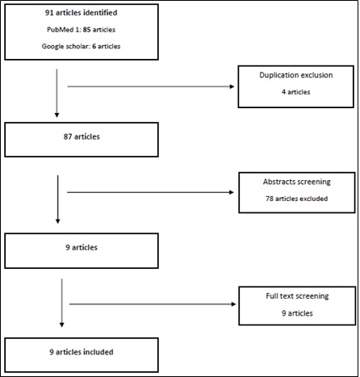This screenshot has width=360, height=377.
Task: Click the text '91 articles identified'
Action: pyautogui.click(x=81, y=13)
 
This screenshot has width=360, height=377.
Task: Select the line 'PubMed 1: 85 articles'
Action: pyautogui.click(x=81, y=30)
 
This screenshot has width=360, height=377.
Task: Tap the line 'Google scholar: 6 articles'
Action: pyautogui.click(x=81, y=46)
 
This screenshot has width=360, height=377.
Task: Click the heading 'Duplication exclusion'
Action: pyautogui.click(x=296, y=75)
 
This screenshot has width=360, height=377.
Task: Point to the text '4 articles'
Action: pyautogui.click(x=296, y=92)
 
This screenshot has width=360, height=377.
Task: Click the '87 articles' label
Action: pyautogui.click(x=82, y=136)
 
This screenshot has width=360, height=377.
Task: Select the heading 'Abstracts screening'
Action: pyautogui.click(x=297, y=182)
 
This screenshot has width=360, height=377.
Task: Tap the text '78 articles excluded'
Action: pyautogui.click(x=297, y=199)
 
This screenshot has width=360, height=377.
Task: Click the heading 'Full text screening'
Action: pyautogui.click(x=297, y=296)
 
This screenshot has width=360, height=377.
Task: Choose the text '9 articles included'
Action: pyautogui.click(x=82, y=352)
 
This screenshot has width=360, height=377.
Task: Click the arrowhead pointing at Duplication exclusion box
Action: pyautogui.click(x=232, y=86)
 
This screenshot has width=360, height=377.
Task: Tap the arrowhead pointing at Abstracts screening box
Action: pyautogui.click(x=232, y=192)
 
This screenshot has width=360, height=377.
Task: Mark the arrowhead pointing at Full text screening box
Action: pyautogui.click(x=233, y=304)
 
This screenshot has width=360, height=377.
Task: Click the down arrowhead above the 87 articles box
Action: pyautogui.click(x=57, y=115)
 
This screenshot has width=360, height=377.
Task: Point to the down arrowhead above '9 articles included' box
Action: pyautogui.click(x=61, y=325)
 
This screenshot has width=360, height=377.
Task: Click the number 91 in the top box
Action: pyautogui.click(x=49, y=13)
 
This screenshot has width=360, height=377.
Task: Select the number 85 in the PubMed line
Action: pyautogui.click(x=86, y=30)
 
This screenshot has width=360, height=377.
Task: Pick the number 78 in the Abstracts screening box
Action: pyautogui.click(x=270, y=199)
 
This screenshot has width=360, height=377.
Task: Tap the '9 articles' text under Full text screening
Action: pyautogui.click(x=297, y=313)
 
